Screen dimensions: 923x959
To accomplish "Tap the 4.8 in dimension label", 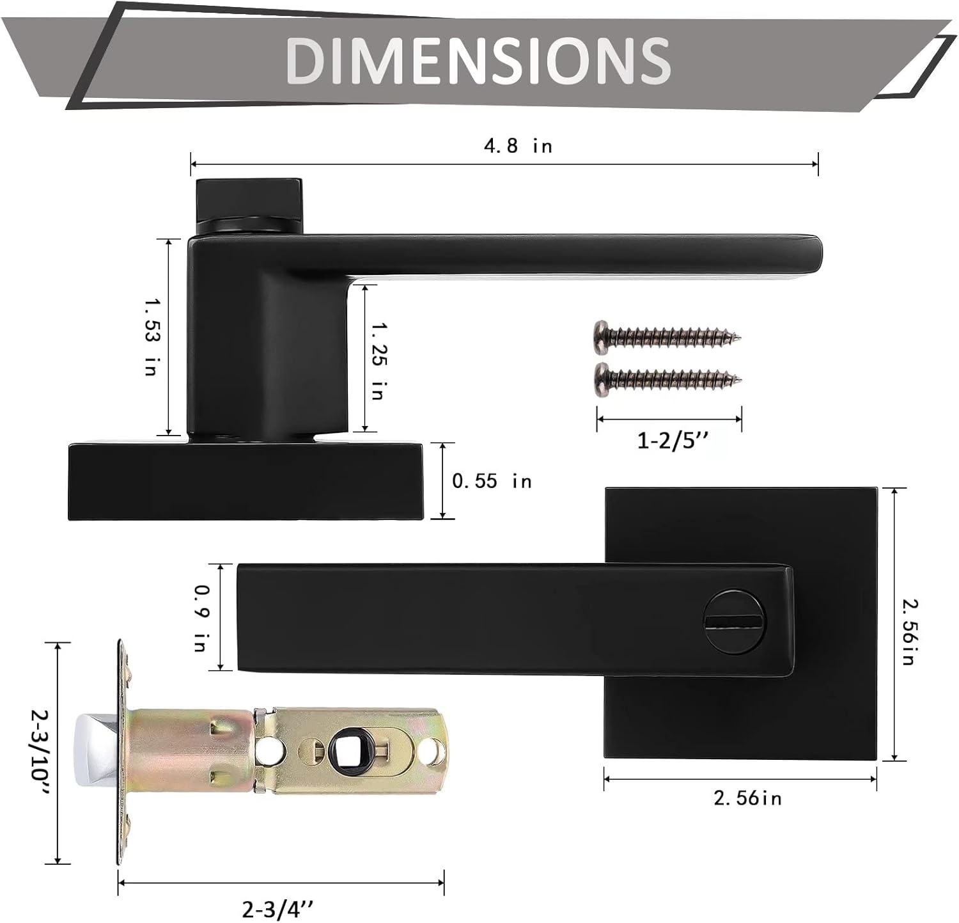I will [x=517, y=146].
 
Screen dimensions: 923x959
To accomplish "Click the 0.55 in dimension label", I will [x=492, y=481].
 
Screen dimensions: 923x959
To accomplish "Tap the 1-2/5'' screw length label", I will [x=669, y=441].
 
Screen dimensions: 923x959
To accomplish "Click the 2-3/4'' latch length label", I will [x=278, y=908].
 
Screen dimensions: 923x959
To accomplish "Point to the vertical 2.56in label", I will [x=908, y=631].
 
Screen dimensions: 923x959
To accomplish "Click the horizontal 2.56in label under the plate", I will [x=747, y=798].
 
